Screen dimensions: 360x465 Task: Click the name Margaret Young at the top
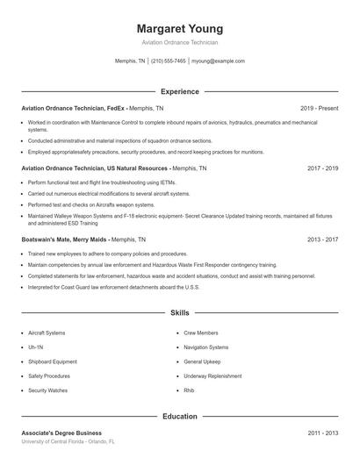(180, 28)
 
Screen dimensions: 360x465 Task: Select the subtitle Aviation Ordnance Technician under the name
(180, 42)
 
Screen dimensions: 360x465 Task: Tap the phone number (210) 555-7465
(169, 61)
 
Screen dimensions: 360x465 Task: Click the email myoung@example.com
(218, 61)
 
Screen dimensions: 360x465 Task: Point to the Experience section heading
(180, 91)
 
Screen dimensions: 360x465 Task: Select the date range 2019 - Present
(319, 108)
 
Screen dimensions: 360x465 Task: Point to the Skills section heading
(180, 312)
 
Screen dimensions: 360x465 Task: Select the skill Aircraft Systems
(47, 333)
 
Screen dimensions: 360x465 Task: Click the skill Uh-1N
(35, 347)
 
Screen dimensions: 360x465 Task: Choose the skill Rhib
(189, 390)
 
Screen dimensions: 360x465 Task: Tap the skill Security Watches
(47, 390)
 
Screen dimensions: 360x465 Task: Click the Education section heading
(180, 417)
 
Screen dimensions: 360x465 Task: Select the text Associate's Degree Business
(61, 433)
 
